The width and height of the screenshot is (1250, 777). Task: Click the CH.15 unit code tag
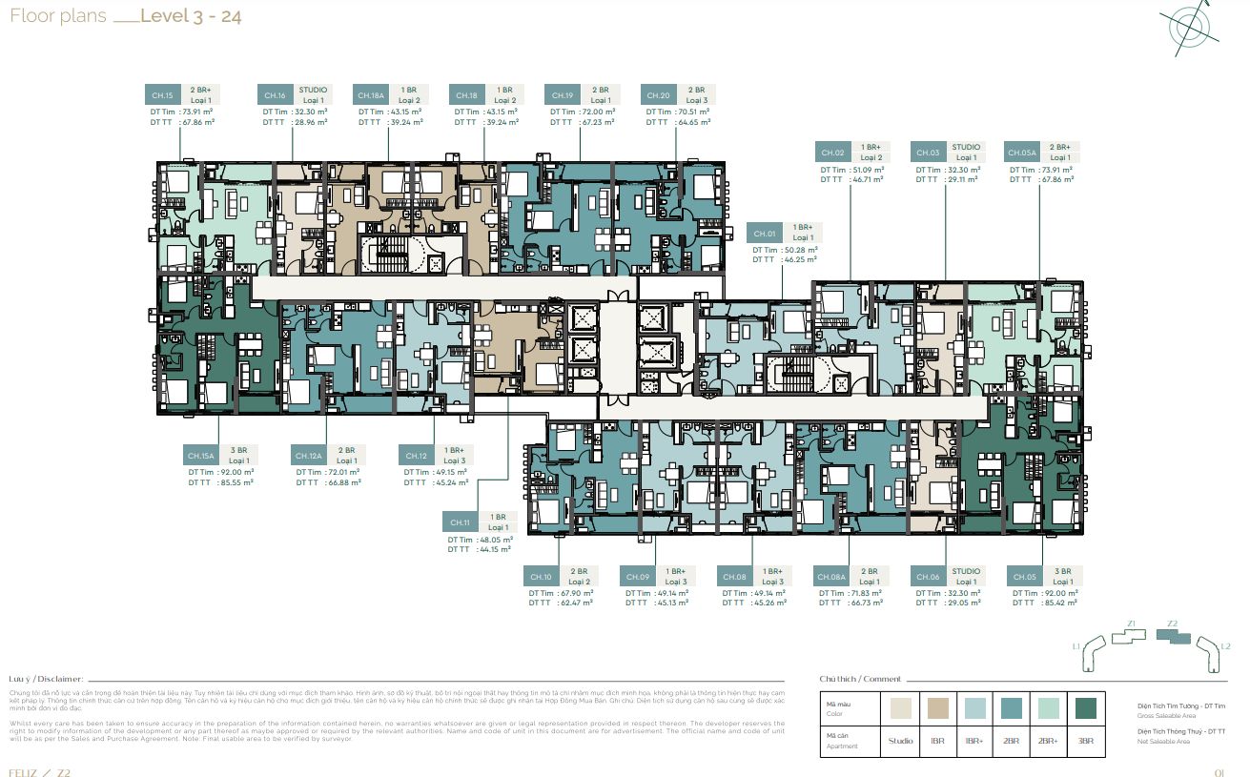[x=163, y=95]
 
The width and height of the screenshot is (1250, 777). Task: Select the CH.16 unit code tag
[x=276, y=95]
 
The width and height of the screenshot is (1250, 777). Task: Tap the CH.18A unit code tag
[x=371, y=95]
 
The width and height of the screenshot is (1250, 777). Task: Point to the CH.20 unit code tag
[x=659, y=95]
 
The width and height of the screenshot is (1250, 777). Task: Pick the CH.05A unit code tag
[x=1023, y=153]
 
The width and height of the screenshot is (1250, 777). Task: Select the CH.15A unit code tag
[x=201, y=456]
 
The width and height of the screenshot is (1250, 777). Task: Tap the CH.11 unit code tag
[x=461, y=522]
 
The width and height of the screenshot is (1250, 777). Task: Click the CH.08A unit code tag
[x=832, y=577]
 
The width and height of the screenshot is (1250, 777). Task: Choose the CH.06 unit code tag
[x=928, y=577]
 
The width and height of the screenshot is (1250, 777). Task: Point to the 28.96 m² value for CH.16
[x=310, y=122]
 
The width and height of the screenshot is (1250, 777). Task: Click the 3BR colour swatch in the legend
[x=1085, y=708]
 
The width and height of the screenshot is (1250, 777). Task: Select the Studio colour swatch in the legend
[x=900, y=708]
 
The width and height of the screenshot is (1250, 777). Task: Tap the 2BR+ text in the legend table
[x=1048, y=740]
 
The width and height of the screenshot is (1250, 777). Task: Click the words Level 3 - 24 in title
[x=191, y=16]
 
